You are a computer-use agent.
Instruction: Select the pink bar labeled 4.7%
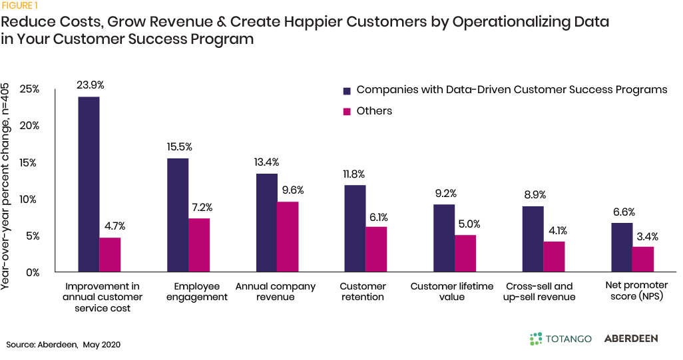pos(111,255)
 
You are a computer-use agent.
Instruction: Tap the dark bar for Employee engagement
pos(177,215)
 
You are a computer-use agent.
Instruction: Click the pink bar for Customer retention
pos(377,250)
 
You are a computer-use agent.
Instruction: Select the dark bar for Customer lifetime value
pos(444,238)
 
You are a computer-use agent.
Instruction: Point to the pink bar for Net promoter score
pos(642,260)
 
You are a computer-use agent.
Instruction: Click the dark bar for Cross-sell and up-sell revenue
pos(533,239)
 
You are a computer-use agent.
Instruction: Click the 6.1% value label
pos(377,217)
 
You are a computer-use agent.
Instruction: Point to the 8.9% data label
pos(533,195)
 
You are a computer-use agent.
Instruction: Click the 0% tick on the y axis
pos(33,272)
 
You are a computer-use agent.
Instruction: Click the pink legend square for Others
pos(346,112)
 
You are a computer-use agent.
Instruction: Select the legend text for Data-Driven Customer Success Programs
pos(512,90)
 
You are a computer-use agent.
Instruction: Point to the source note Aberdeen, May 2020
pos(64,345)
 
